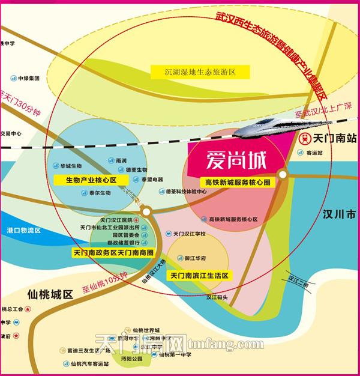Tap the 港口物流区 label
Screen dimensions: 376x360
point(23,230)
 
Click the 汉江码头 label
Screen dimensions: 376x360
point(218,296)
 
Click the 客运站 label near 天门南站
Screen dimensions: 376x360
point(314,153)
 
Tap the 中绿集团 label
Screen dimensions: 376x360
point(28,78)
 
